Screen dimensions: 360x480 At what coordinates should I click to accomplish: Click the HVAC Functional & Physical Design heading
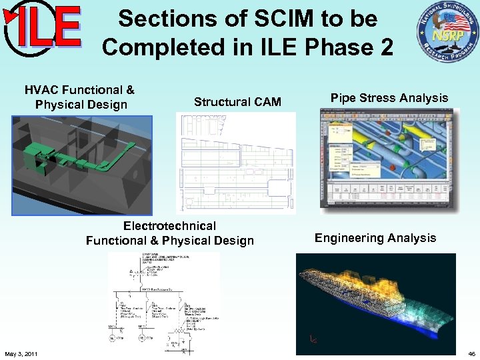coord(79,97)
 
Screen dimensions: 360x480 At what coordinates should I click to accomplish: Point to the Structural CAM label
coord(237,102)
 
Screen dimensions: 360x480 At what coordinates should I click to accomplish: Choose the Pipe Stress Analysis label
coord(389,98)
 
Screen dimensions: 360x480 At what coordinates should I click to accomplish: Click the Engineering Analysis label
coord(375,238)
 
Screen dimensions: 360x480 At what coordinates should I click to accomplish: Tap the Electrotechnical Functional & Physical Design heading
coord(169,233)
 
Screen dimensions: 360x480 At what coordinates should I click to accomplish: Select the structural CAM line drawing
coord(235,163)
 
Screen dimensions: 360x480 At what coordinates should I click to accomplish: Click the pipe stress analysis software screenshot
coord(389,161)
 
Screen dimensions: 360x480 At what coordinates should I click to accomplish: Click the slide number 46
coord(471,353)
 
